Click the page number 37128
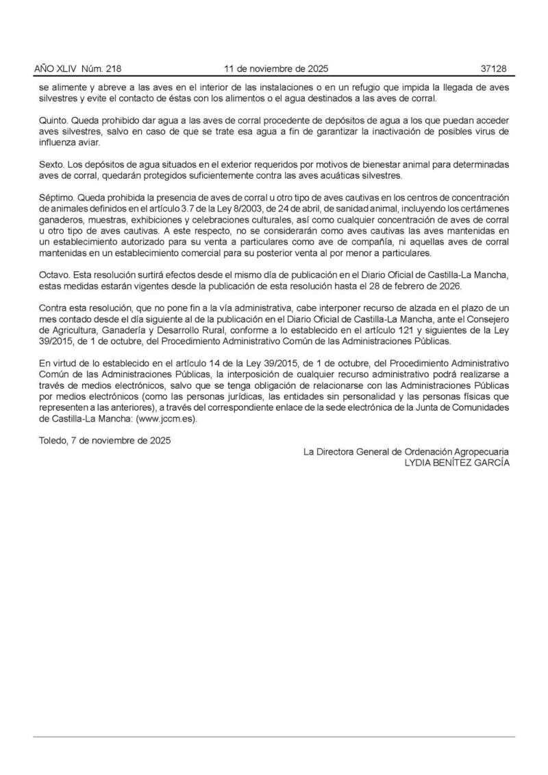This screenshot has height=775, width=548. coord(493,69)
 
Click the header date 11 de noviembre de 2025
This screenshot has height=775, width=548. coord(277,69)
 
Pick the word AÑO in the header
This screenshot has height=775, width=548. coord(45,69)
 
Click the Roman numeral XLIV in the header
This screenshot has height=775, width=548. coord(69,69)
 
